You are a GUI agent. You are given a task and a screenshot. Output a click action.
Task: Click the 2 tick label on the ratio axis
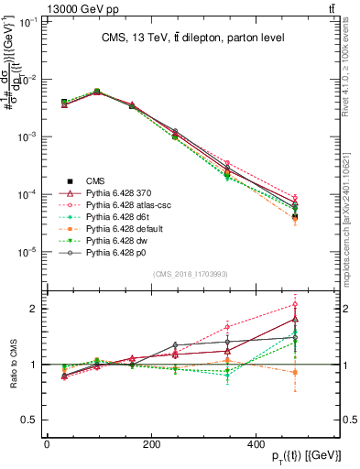pos(33,309)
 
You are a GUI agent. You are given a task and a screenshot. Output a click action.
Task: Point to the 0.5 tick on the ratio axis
pos(29,420)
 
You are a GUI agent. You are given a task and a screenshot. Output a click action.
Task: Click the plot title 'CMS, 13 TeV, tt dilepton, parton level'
pos(192,38)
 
